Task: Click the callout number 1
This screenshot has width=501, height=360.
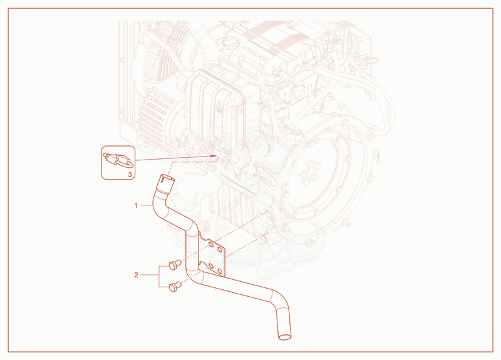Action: click(x=136, y=205)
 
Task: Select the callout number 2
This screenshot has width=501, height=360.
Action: click(x=136, y=275)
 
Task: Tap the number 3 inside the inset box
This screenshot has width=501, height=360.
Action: click(x=130, y=175)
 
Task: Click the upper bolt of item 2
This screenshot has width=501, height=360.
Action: click(x=175, y=264)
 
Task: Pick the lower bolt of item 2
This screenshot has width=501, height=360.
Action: click(x=175, y=286)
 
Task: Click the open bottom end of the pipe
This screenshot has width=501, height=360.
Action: click(x=285, y=337)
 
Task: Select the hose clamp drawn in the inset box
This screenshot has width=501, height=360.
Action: click(x=118, y=161)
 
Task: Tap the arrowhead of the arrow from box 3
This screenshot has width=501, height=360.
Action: click(x=214, y=156)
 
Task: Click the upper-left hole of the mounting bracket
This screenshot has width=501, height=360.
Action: click(x=211, y=244)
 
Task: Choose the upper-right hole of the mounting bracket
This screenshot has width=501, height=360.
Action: click(x=220, y=249)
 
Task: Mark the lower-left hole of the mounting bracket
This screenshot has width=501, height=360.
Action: click(x=210, y=265)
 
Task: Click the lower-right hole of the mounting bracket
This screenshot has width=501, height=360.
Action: click(x=220, y=271)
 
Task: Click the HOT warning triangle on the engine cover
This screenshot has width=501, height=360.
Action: click(x=219, y=107)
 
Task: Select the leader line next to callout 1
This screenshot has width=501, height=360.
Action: click(x=146, y=205)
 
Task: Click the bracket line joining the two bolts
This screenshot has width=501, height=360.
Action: click(x=160, y=276)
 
